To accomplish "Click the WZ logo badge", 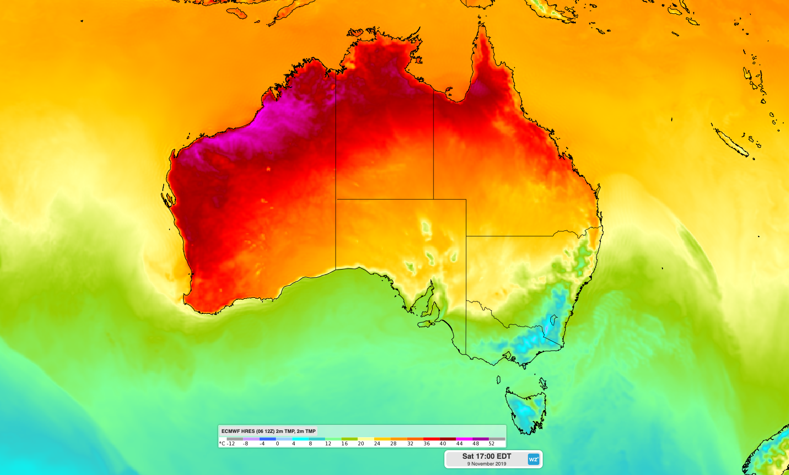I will point(533,459).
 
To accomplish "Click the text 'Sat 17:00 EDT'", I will point(486,456).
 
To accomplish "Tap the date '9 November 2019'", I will point(486,464).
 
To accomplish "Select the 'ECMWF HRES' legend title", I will point(268,431).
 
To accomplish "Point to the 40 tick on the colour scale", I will point(443,443).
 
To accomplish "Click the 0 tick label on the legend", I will point(277,443).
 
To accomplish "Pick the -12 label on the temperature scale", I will point(231,443).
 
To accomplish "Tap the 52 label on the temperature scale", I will point(492,443).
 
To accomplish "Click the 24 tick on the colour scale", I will point(377,443).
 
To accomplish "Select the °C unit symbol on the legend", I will point(222,443).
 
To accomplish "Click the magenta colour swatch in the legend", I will point(464,439).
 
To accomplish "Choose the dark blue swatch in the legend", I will point(268,439).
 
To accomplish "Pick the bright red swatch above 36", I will point(431,439).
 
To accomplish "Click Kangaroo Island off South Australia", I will point(426,324).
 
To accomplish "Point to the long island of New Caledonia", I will point(730,141).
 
